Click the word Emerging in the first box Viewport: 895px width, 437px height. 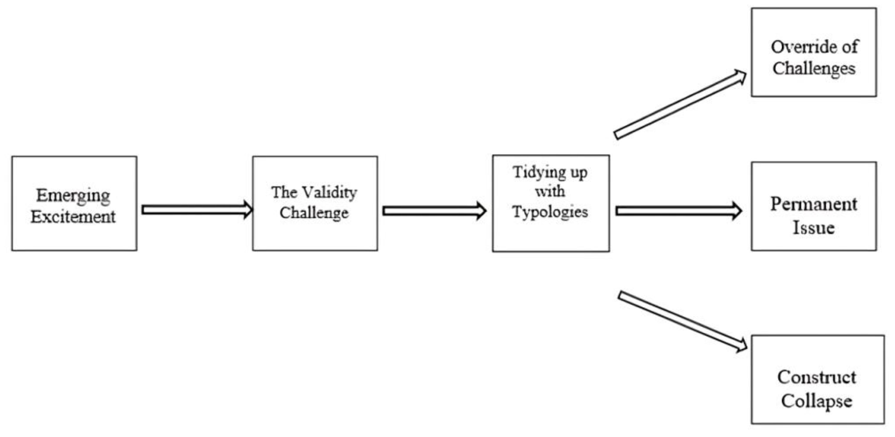tap(73, 196)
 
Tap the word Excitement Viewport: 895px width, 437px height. tap(73, 217)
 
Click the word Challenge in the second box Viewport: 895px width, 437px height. tap(314, 213)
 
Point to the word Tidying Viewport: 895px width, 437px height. tap(536, 173)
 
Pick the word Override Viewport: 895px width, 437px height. tap(800, 47)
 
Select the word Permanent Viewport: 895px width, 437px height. tap(814, 204)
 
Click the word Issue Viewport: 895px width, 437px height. tap(813, 228)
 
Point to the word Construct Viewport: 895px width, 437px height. tap(816, 378)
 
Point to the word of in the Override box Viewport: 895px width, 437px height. tap(849, 47)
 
